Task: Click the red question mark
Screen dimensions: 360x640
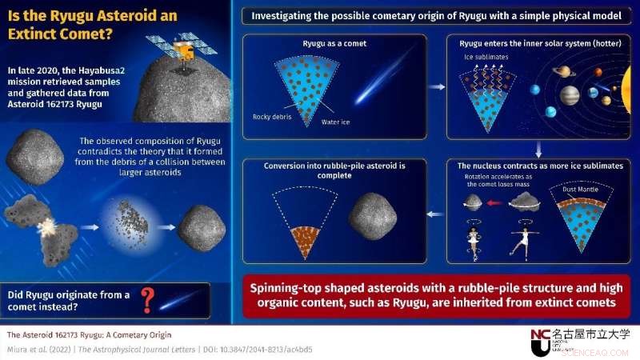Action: pos(146,300)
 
